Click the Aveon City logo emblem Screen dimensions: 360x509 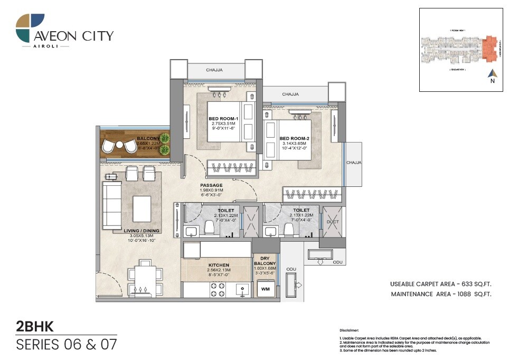30,28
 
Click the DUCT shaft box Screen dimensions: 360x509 333,222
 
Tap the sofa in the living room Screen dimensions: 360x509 111,205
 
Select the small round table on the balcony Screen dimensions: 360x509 120,145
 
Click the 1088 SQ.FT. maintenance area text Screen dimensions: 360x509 472,293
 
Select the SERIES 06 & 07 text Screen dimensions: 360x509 66,345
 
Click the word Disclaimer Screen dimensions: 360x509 350,329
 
